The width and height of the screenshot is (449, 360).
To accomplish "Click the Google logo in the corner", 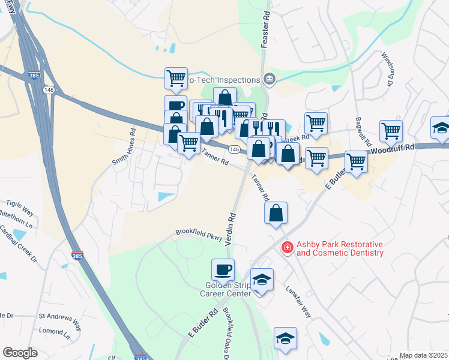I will [20, 353].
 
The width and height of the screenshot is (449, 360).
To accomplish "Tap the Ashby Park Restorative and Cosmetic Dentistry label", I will [340, 249].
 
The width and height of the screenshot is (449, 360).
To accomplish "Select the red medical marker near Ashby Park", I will [288, 247].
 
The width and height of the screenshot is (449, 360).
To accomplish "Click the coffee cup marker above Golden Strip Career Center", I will [223, 269].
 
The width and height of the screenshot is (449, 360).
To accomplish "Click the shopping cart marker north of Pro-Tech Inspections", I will [176, 78].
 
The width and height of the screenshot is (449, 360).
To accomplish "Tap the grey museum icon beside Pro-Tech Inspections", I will [270, 79].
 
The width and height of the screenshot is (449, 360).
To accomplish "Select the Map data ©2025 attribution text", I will [423, 355].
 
